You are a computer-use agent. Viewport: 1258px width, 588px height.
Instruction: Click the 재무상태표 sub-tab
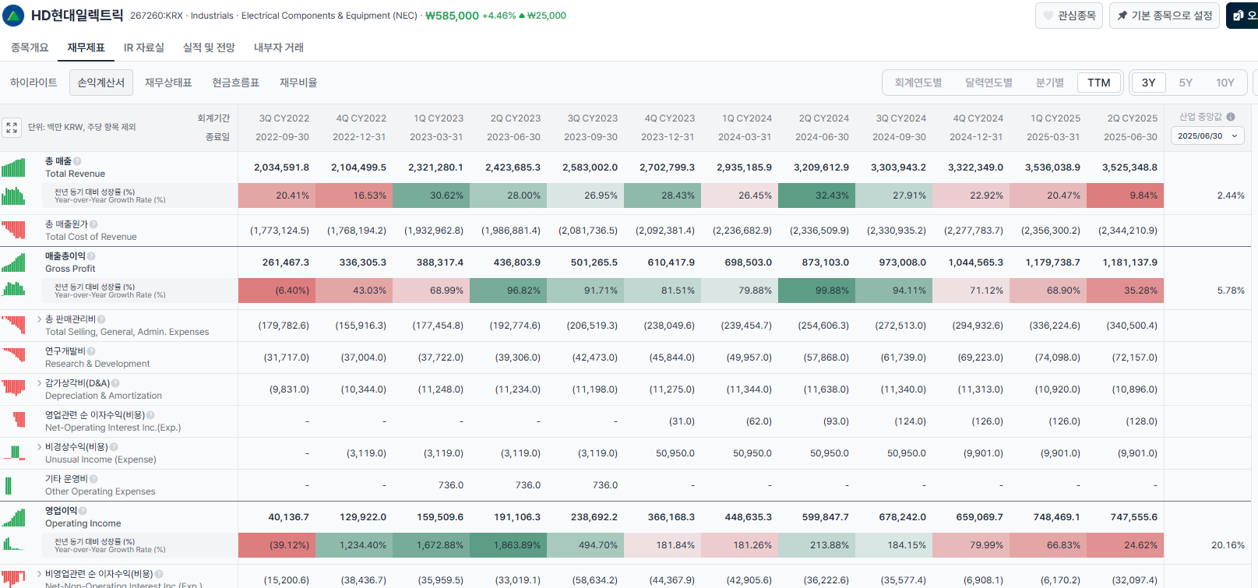pos(168,83)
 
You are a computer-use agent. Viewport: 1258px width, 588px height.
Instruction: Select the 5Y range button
pos(1185,83)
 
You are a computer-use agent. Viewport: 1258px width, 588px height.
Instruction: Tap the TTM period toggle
pos(1098,83)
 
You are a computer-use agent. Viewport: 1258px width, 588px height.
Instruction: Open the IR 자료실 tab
pos(144,48)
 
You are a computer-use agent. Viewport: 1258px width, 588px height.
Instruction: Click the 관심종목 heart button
pos(1069,16)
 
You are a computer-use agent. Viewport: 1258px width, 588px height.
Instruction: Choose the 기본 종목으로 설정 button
pos(1165,16)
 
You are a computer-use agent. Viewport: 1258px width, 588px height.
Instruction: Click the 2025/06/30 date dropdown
pos(1207,136)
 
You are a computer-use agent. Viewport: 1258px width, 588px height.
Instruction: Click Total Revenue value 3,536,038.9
pos(1052,167)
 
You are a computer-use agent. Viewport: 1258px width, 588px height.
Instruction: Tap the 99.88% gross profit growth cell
pos(816,290)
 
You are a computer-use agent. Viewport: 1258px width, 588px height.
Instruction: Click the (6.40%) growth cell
pos(277,290)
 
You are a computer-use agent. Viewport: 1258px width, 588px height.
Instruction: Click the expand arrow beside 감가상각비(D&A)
pos(39,383)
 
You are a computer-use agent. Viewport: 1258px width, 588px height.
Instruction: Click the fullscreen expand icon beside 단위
pos(12,128)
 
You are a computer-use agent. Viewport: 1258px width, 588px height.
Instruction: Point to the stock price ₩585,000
pos(452,16)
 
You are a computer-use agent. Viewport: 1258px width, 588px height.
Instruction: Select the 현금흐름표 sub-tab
pos(235,83)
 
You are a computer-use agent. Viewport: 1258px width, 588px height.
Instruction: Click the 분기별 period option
pos(1050,83)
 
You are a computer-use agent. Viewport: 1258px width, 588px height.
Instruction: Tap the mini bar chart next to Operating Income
pos(13,517)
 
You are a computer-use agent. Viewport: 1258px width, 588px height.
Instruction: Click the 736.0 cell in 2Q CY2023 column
pos(528,485)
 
